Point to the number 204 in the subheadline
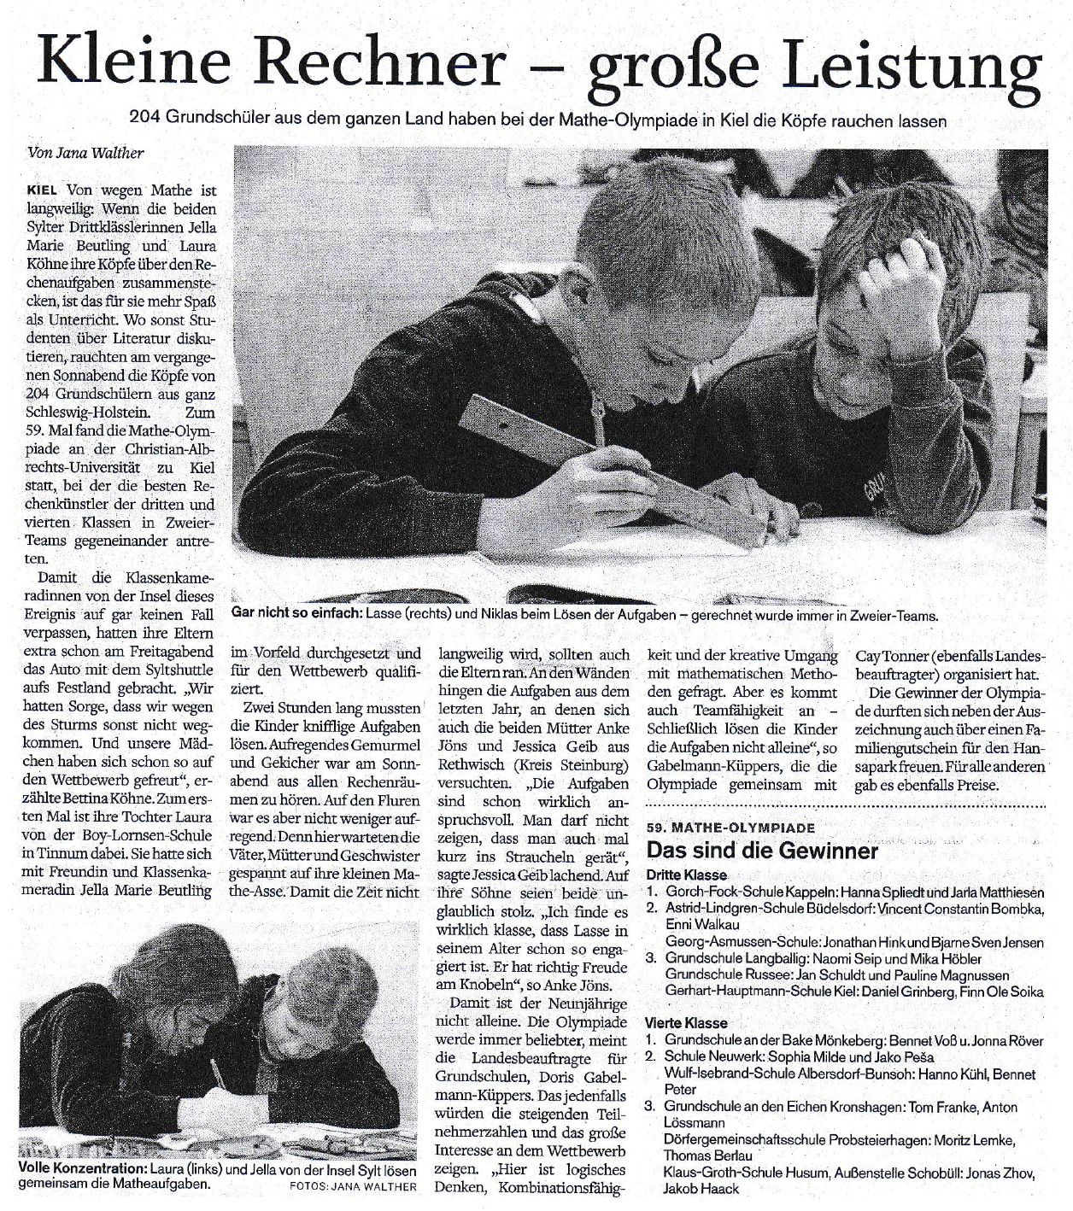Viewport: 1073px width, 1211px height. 143,121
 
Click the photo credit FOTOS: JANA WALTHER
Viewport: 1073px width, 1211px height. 353,1185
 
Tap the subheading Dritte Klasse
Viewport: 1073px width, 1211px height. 686,875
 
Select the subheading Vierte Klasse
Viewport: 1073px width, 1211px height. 686,1023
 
